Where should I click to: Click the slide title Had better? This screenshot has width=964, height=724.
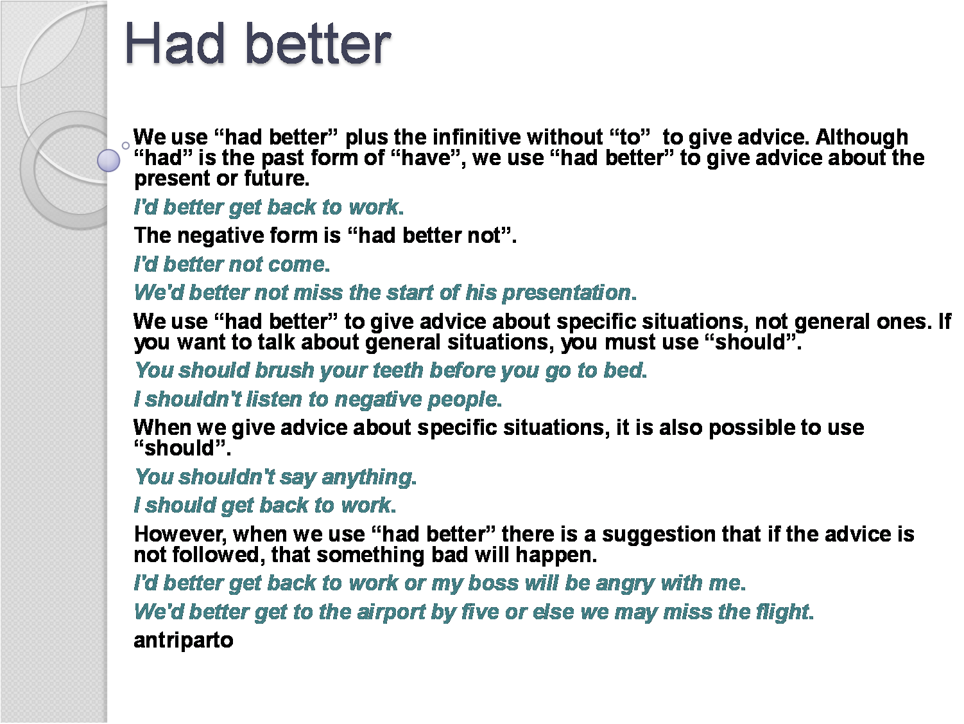(257, 44)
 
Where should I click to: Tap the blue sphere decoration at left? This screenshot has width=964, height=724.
(108, 160)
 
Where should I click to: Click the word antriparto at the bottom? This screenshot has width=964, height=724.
(183, 640)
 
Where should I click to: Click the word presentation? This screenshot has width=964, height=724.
(567, 293)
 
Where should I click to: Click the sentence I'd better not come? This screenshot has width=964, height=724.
(232, 264)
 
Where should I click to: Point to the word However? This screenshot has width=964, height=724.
(180, 534)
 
